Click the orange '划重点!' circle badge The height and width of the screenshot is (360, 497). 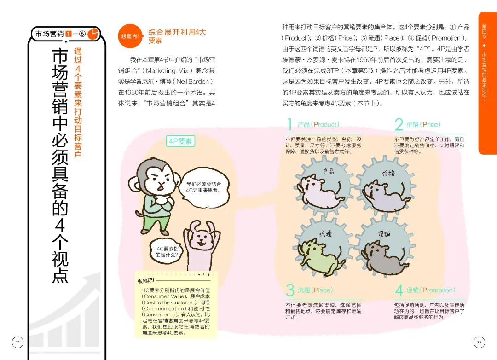point(131,36)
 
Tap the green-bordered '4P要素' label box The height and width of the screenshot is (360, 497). point(180,141)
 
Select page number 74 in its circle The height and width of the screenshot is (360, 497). point(18,342)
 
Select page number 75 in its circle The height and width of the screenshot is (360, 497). point(479,342)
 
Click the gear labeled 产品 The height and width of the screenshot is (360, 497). point(322,186)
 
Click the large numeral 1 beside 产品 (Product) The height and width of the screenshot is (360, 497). point(289,124)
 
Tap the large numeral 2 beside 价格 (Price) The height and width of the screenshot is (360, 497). point(399,124)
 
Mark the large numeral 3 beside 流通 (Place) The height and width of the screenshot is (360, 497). point(290,290)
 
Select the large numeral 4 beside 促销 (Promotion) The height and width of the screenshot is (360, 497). point(399,290)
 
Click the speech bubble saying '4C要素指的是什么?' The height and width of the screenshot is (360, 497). point(166,251)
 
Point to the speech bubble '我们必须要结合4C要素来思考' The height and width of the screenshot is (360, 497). point(204,187)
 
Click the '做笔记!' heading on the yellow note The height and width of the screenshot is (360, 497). point(146,281)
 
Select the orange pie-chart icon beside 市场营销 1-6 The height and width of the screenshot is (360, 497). point(93,34)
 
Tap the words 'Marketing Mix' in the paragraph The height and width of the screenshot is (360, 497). point(167,70)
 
